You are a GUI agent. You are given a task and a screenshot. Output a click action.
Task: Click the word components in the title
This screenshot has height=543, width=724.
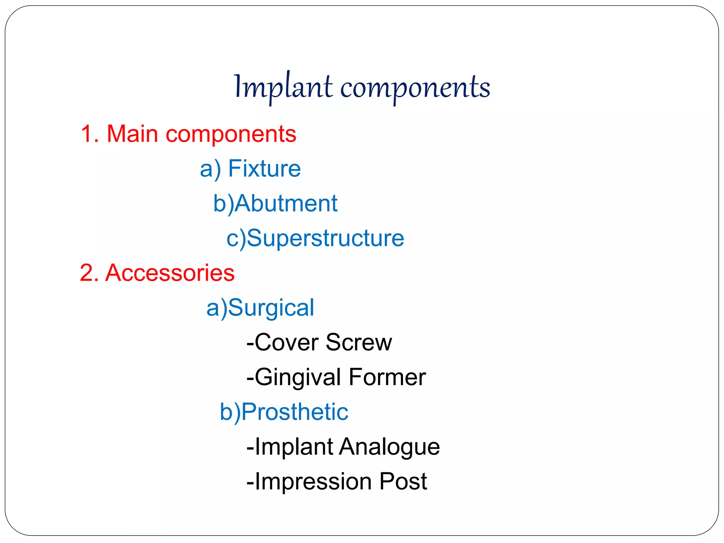(x=415, y=88)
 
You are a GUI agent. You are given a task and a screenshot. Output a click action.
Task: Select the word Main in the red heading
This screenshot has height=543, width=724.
(x=132, y=134)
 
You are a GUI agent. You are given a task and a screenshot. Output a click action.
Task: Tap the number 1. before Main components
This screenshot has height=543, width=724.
(x=90, y=134)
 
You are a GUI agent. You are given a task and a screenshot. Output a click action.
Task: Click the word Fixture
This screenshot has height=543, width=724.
(x=264, y=169)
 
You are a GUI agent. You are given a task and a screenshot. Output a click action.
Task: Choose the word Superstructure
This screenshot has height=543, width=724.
(x=325, y=238)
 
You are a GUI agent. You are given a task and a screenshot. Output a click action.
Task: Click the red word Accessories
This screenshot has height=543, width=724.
(x=170, y=273)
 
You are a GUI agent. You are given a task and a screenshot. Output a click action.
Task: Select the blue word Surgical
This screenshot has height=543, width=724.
(x=271, y=308)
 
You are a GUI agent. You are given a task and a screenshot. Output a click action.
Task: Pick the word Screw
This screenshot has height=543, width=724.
(x=358, y=342)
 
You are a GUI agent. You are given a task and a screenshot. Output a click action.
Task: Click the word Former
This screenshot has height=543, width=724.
(x=387, y=377)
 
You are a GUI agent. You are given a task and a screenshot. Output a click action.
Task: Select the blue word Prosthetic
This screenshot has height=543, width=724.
(x=294, y=412)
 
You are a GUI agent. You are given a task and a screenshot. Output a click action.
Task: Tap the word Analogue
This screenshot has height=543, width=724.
(x=389, y=446)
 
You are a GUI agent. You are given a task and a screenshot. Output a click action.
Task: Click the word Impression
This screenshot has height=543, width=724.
(x=313, y=481)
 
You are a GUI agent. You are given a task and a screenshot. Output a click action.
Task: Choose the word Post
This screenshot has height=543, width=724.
(x=403, y=481)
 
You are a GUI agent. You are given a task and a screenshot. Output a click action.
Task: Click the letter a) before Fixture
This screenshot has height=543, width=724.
(x=210, y=169)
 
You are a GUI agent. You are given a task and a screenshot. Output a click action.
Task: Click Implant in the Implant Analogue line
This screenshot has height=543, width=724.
(x=293, y=446)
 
